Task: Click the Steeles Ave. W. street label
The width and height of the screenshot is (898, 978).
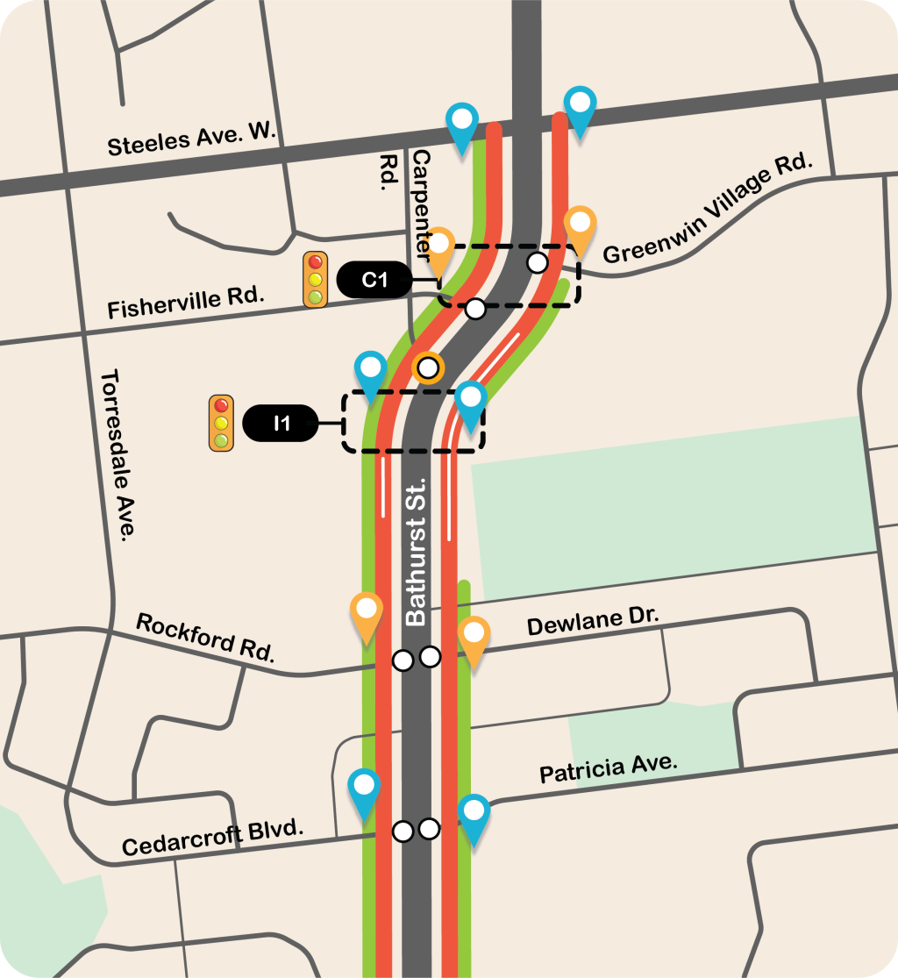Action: pyautogui.click(x=191, y=139)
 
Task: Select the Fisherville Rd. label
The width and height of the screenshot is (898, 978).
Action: pyautogui.click(x=186, y=302)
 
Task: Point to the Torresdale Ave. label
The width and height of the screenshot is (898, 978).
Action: pyautogui.click(x=118, y=454)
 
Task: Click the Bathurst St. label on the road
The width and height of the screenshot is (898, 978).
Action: pyautogui.click(x=416, y=552)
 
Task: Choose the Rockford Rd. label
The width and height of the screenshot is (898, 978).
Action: pyautogui.click(x=206, y=636)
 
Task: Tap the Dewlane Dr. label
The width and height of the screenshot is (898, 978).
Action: pyautogui.click(x=593, y=622)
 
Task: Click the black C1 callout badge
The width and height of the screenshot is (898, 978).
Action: pyautogui.click(x=375, y=280)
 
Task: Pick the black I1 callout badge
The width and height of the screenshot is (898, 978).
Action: pyautogui.click(x=281, y=424)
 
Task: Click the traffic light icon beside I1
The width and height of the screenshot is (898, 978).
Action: pyautogui.click(x=221, y=424)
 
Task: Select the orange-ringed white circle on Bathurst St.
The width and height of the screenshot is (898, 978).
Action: pyautogui.click(x=428, y=368)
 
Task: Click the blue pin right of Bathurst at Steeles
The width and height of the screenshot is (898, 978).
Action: pyautogui.click(x=581, y=109)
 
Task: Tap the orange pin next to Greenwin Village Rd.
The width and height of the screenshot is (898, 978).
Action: pyautogui.click(x=581, y=226)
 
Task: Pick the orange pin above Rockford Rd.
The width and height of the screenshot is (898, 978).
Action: pyautogui.click(x=367, y=613)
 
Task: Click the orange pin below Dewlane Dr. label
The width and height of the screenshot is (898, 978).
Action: pyautogui.click(x=474, y=638)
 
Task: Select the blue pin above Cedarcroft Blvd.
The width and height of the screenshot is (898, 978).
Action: pyautogui.click(x=365, y=789)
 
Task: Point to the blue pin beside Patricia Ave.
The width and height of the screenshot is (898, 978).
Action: pyautogui.click(x=474, y=815)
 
